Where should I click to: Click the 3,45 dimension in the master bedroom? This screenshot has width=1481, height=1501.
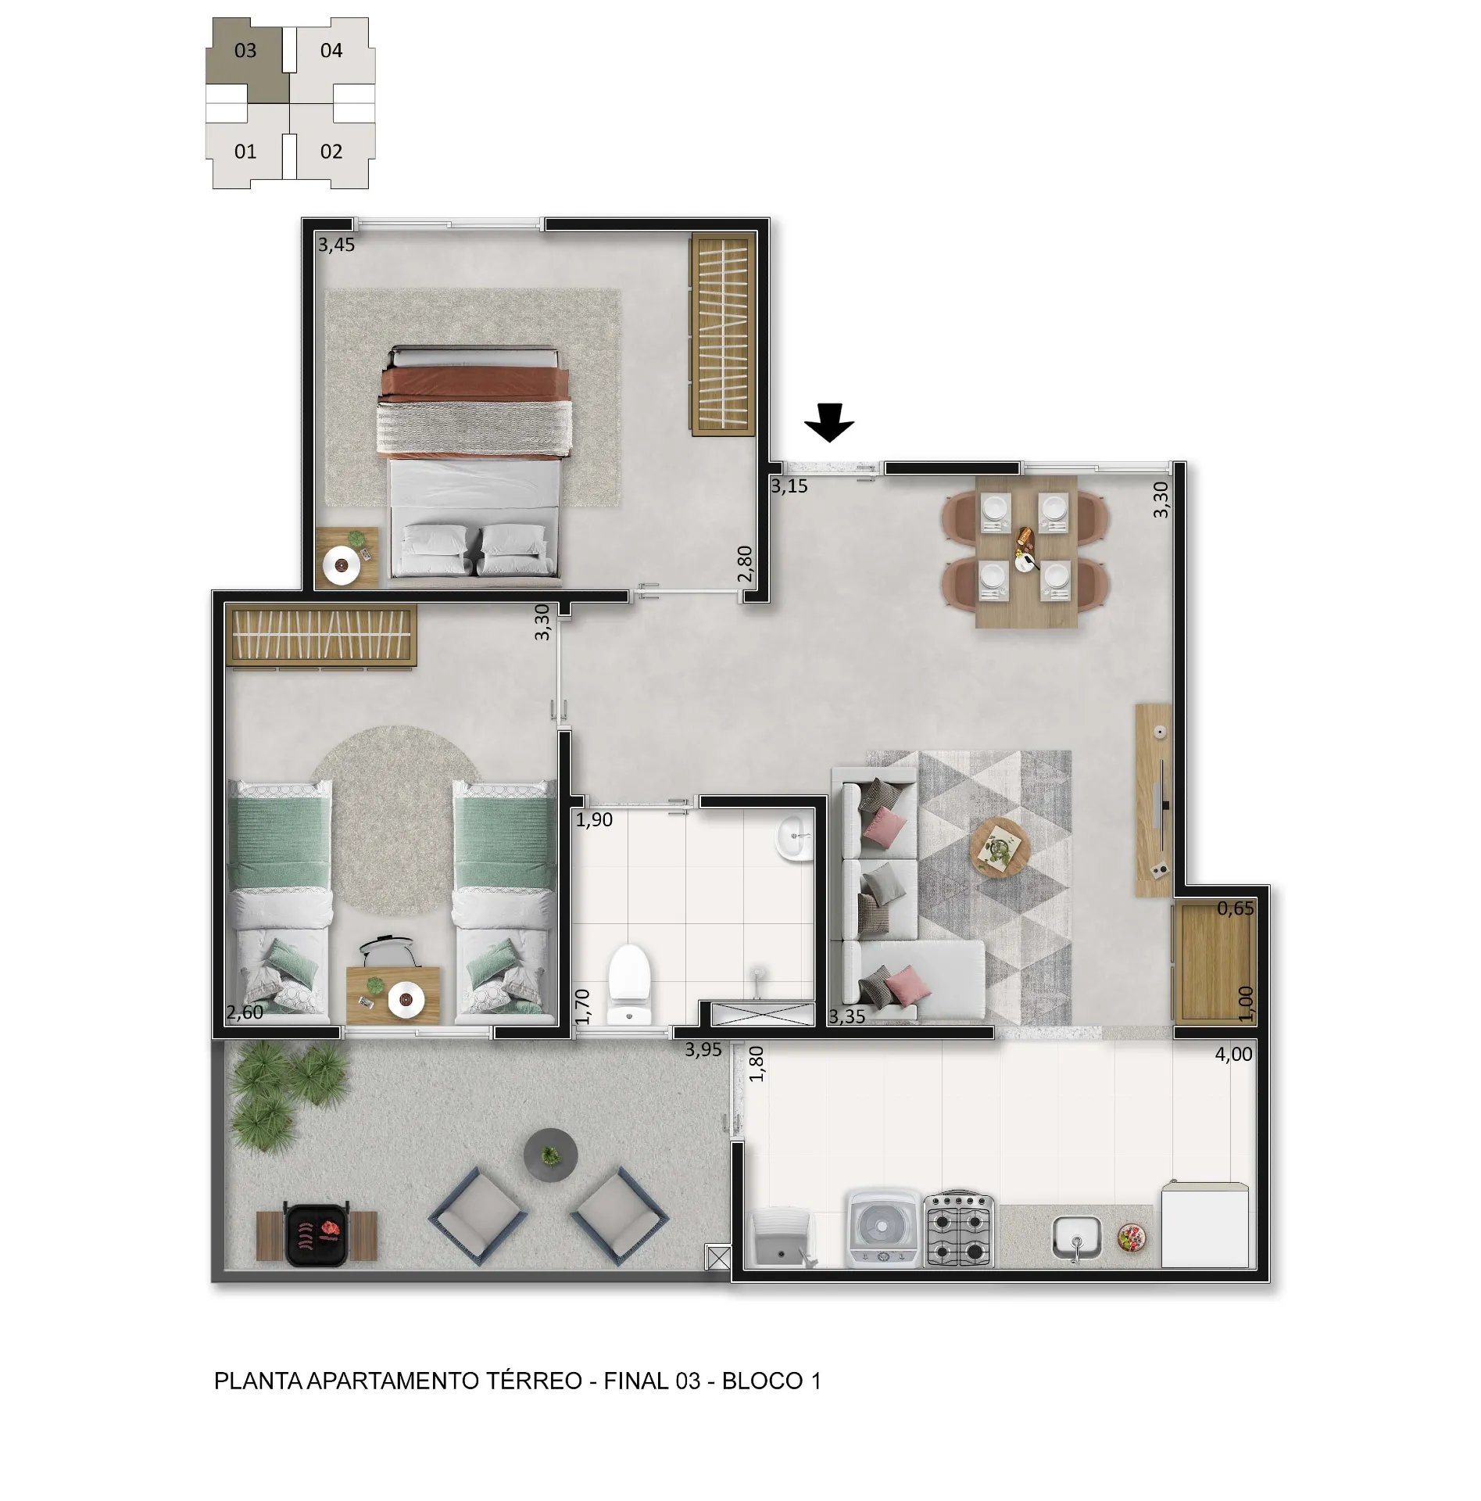click(x=336, y=245)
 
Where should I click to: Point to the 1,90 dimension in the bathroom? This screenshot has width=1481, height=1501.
click(x=594, y=819)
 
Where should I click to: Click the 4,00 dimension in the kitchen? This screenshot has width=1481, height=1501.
click(x=1233, y=1054)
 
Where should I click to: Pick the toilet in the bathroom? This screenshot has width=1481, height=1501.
click(x=629, y=984)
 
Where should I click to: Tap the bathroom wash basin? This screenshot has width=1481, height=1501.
click(x=794, y=837)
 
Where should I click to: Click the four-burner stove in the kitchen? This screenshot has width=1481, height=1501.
click(x=958, y=1229)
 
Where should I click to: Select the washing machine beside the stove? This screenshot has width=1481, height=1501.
click(x=883, y=1228)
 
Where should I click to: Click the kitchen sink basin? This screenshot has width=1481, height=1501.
click(x=1076, y=1238)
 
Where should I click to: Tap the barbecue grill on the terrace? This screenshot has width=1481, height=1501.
click(x=317, y=1234)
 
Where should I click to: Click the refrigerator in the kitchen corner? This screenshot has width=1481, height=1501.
click(x=1204, y=1224)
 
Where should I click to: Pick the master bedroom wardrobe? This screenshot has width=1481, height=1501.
click(x=723, y=334)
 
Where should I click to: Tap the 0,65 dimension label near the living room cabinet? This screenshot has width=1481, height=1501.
click(x=1235, y=908)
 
